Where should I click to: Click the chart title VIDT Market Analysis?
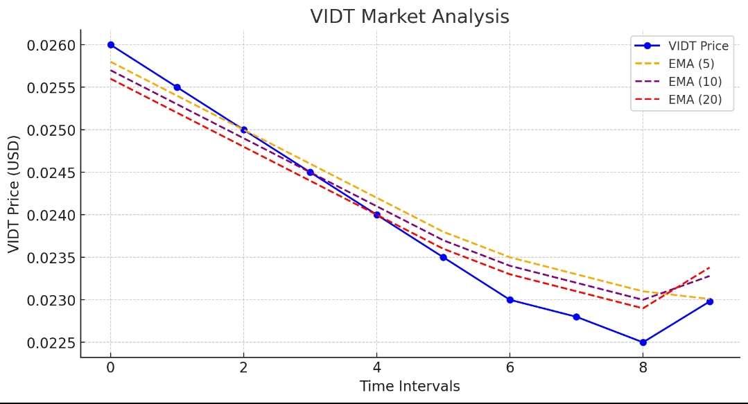tap(410, 17)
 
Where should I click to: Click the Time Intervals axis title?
tap(410, 387)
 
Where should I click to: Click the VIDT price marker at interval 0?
tap(110, 45)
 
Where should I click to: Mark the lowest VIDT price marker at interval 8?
tap(643, 342)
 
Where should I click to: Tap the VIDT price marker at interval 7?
tap(576, 317)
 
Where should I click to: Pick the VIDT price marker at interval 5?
tap(443, 257)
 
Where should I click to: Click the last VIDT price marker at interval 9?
tap(709, 301)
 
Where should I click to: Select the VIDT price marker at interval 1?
tap(177, 87)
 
